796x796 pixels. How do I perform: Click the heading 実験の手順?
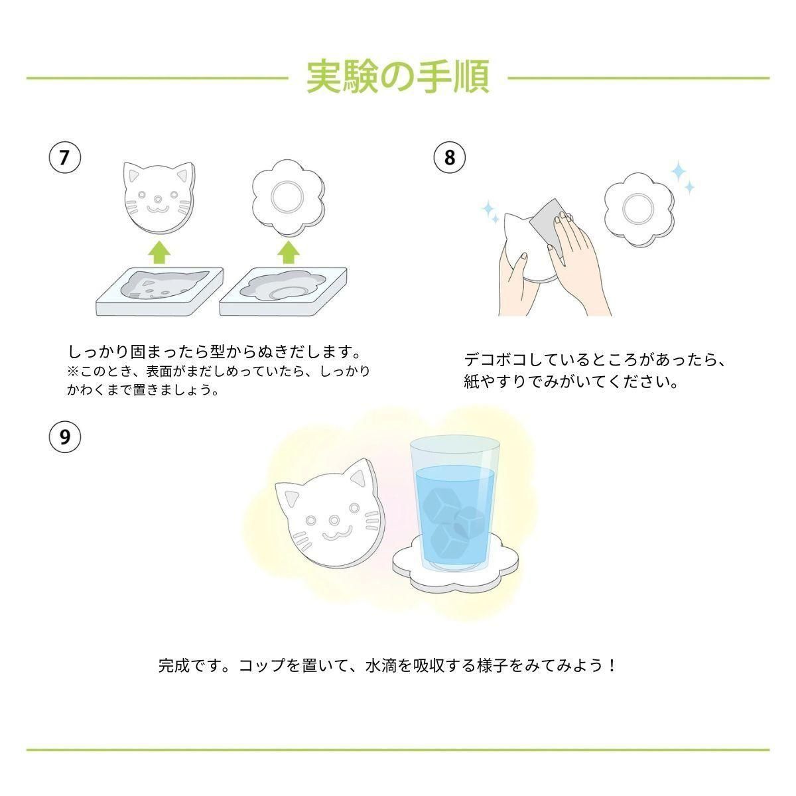(x=398, y=77)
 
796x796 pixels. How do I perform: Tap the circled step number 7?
(x=65, y=157)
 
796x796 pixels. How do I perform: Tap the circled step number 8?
(x=450, y=157)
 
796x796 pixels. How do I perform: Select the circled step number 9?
(x=65, y=436)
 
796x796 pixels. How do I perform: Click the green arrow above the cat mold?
(x=159, y=252)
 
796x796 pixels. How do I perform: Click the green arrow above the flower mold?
(x=288, y=252)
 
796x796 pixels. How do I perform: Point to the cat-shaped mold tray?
(x=160, y=292)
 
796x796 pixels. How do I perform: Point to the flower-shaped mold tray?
(x=283, y=292)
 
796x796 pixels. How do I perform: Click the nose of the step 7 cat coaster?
(x=157, y=199)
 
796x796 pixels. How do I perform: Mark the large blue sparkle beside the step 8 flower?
(x=678, y=170)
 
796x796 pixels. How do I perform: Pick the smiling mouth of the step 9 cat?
(x=337, y=533)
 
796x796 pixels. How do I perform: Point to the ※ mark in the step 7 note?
(x=73, y=371)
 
